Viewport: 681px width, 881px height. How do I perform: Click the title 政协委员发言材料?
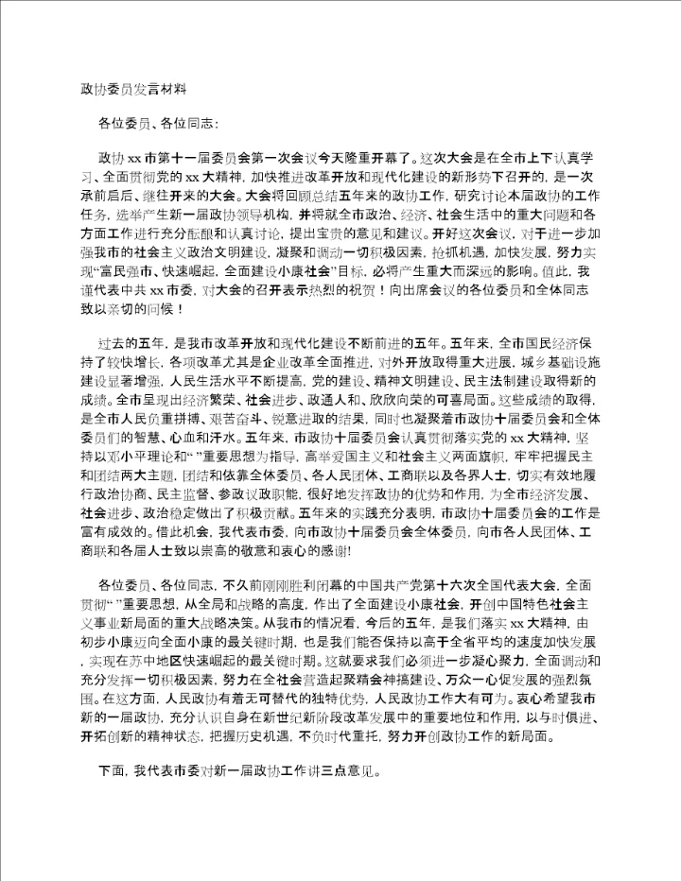tap(133, 91)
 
